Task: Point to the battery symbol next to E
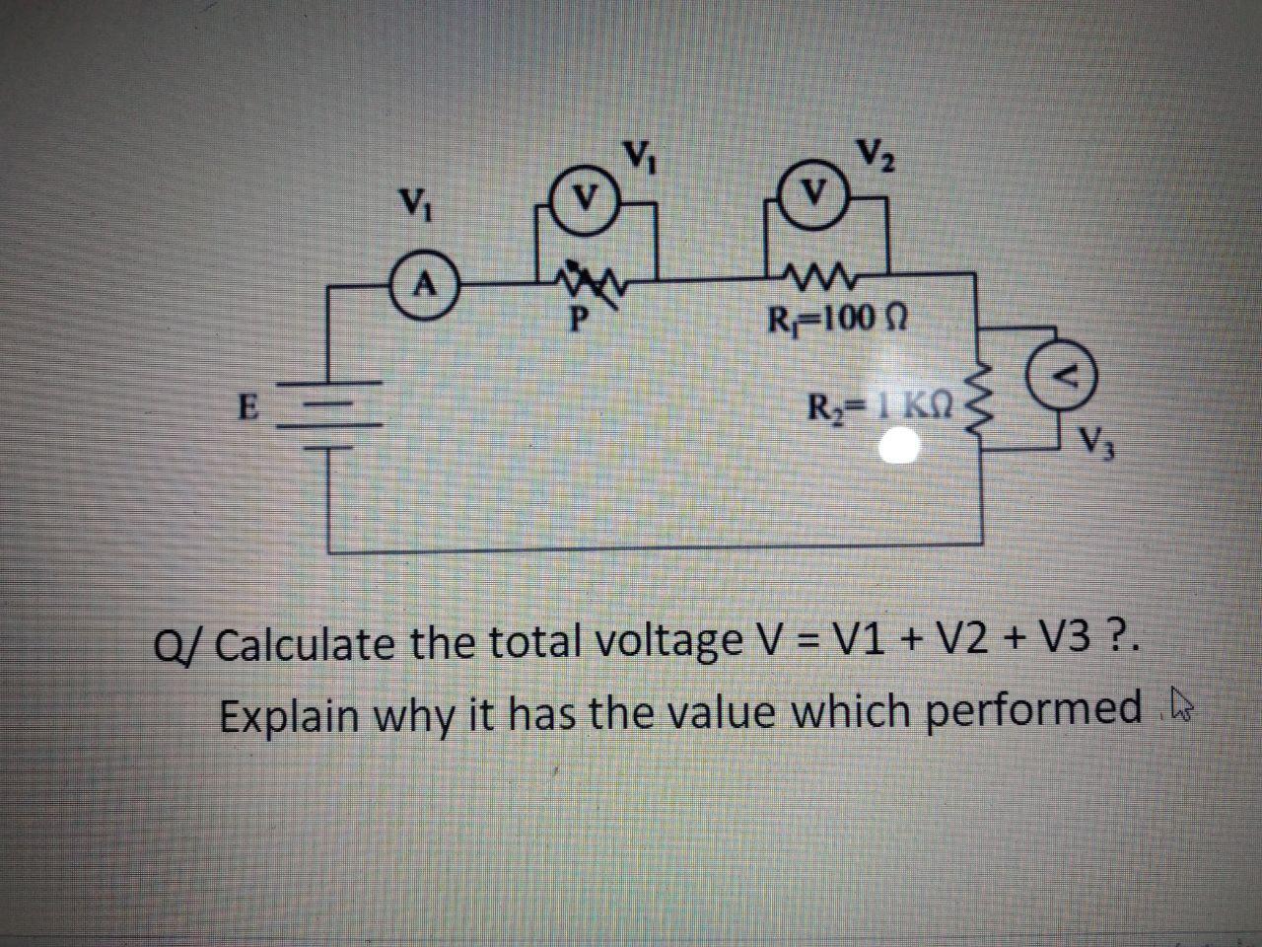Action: [x=326, y=414]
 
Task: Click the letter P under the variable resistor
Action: [x=580, y=320]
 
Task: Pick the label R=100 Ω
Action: [x=834, y=319]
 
